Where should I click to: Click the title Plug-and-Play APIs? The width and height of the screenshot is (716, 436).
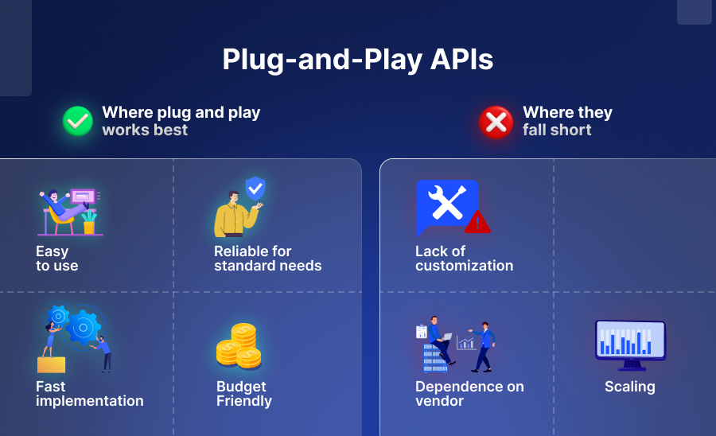coord(357,60)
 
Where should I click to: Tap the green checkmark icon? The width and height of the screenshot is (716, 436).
coord(78,121)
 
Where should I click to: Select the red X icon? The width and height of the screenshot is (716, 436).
coord(496,122)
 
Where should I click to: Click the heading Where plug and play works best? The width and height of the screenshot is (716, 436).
coord(181,121)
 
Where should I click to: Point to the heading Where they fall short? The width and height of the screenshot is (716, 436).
coord(567,121)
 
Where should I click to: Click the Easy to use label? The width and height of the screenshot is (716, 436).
coord(57,259)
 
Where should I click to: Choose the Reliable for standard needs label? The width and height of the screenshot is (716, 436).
coord(267,259)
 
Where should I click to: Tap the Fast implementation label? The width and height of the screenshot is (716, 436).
coord(89,394)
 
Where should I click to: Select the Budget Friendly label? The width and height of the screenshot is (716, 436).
coord(243,394)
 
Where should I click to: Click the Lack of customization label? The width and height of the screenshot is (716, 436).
coord(464,259)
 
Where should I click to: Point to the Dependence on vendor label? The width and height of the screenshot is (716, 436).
coord(469,394)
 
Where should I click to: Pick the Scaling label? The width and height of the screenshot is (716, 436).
coord(629,387)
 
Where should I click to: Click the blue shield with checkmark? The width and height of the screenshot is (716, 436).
coord(255,189)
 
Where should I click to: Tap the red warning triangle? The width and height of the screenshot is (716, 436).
coord(477,222)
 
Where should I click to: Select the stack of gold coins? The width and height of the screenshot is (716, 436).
coord(239,346)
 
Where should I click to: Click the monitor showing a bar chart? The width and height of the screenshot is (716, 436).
coord(630,342)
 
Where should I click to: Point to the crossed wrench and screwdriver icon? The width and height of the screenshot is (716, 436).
coord(447,203)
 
